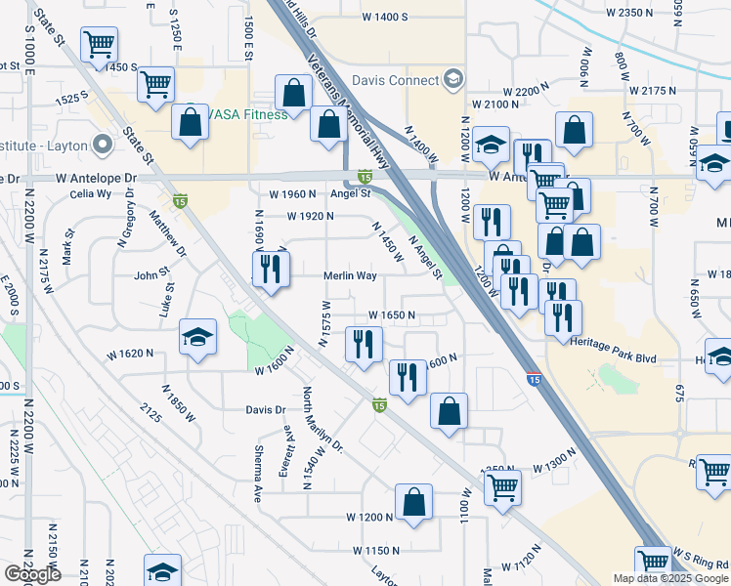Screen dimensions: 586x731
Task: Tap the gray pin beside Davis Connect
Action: pyautogui.click(x=452, y=77)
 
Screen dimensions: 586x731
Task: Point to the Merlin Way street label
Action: pyautogui.click(x=350, y=276)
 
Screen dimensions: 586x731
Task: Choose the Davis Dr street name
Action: pyautogui.click(x=265, y=410)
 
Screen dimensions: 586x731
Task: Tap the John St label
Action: pyautogui.click(x=151, y=275)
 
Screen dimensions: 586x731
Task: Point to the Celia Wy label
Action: pyautogui.click(x=63, y=193)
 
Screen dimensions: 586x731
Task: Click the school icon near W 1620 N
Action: pyautogui.click(x=198, y=338)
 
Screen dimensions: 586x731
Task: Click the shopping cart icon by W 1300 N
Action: pyautogui.click(x=502, y=485)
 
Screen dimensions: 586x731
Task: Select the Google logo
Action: pyautogui.click(x=31, y=574)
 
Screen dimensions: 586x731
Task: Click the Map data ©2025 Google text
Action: pyautogui.click(x=669, y=578)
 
